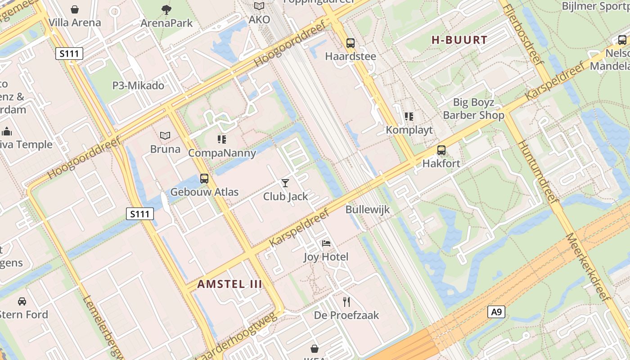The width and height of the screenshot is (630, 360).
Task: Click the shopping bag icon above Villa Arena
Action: [x=75, y=9]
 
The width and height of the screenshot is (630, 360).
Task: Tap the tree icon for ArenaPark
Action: [x=166, y=9]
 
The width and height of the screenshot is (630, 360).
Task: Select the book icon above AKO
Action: [x=259, y=6]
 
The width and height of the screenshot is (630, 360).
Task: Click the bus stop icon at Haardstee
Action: [x=351, y=43]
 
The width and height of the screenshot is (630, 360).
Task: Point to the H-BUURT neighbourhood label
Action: [x=459, y=40]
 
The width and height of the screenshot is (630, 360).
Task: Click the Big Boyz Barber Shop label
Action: [x=473, y=109]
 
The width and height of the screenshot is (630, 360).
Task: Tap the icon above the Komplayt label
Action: [x=409, y=117]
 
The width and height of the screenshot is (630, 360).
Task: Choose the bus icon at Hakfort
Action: [x=441, y=150]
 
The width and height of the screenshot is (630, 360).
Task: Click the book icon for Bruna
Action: [x=165, y=135]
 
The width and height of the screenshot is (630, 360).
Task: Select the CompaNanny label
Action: [x=222, y=153]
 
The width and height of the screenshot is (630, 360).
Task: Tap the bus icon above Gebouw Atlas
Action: [x=204, y=178]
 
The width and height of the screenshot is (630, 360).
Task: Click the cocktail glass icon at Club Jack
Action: [x=285, y=183]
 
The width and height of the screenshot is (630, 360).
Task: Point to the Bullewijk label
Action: [x=367, y=210]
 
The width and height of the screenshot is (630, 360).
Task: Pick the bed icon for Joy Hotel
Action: [x=326, y=243]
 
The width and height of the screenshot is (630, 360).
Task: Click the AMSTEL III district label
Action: [x=229, y=284]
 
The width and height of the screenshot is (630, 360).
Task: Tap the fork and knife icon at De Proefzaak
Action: [x=346, y=301]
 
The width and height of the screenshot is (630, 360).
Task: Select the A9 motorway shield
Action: [x=496, y=312]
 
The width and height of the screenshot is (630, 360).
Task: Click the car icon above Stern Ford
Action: [x=22, y=301]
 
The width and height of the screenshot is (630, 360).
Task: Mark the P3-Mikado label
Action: [x=138, y=85]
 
